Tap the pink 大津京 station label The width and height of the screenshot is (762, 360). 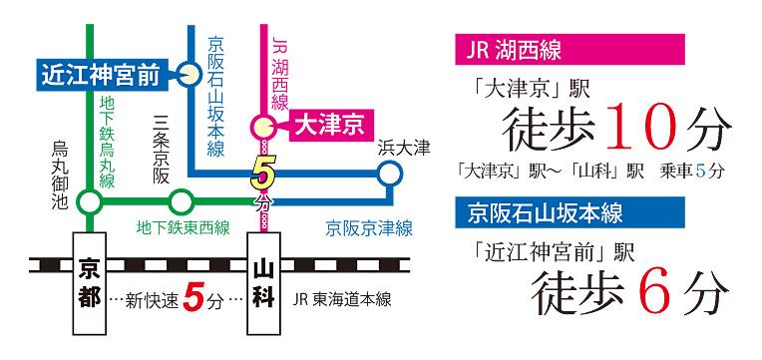point(322,127)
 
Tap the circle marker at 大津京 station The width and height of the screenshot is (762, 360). point(263,127)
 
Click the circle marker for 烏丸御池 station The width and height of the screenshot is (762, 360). point(90,202)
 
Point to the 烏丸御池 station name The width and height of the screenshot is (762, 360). point(59,174)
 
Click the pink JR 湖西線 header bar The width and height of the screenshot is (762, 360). point(570,49)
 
